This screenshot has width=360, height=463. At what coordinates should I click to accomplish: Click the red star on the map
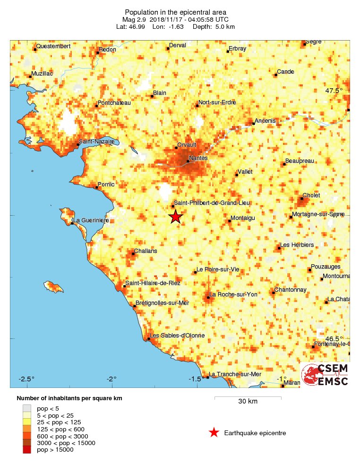point(176,217)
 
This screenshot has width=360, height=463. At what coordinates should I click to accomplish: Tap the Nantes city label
point(198,158)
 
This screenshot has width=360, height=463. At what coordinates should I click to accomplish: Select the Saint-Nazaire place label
point(97,141)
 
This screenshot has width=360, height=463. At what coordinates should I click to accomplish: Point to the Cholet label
point(311,195)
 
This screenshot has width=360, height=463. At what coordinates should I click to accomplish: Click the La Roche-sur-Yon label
point(234,295)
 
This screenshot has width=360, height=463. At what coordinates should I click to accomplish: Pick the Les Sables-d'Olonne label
point(177,336)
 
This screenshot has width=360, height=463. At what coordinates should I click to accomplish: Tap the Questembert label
point(53,46)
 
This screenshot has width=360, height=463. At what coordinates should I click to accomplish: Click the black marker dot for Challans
point(133,254)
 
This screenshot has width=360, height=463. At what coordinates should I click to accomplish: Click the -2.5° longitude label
point(26,379)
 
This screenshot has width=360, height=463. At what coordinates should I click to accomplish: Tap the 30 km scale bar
point(248,398)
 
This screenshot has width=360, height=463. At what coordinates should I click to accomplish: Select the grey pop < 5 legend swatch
point(27,408)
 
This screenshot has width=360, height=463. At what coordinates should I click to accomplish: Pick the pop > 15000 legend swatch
point(27,450)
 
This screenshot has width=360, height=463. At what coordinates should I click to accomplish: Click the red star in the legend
point(214,433)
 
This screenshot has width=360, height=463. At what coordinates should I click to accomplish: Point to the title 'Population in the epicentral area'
point(175,12)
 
